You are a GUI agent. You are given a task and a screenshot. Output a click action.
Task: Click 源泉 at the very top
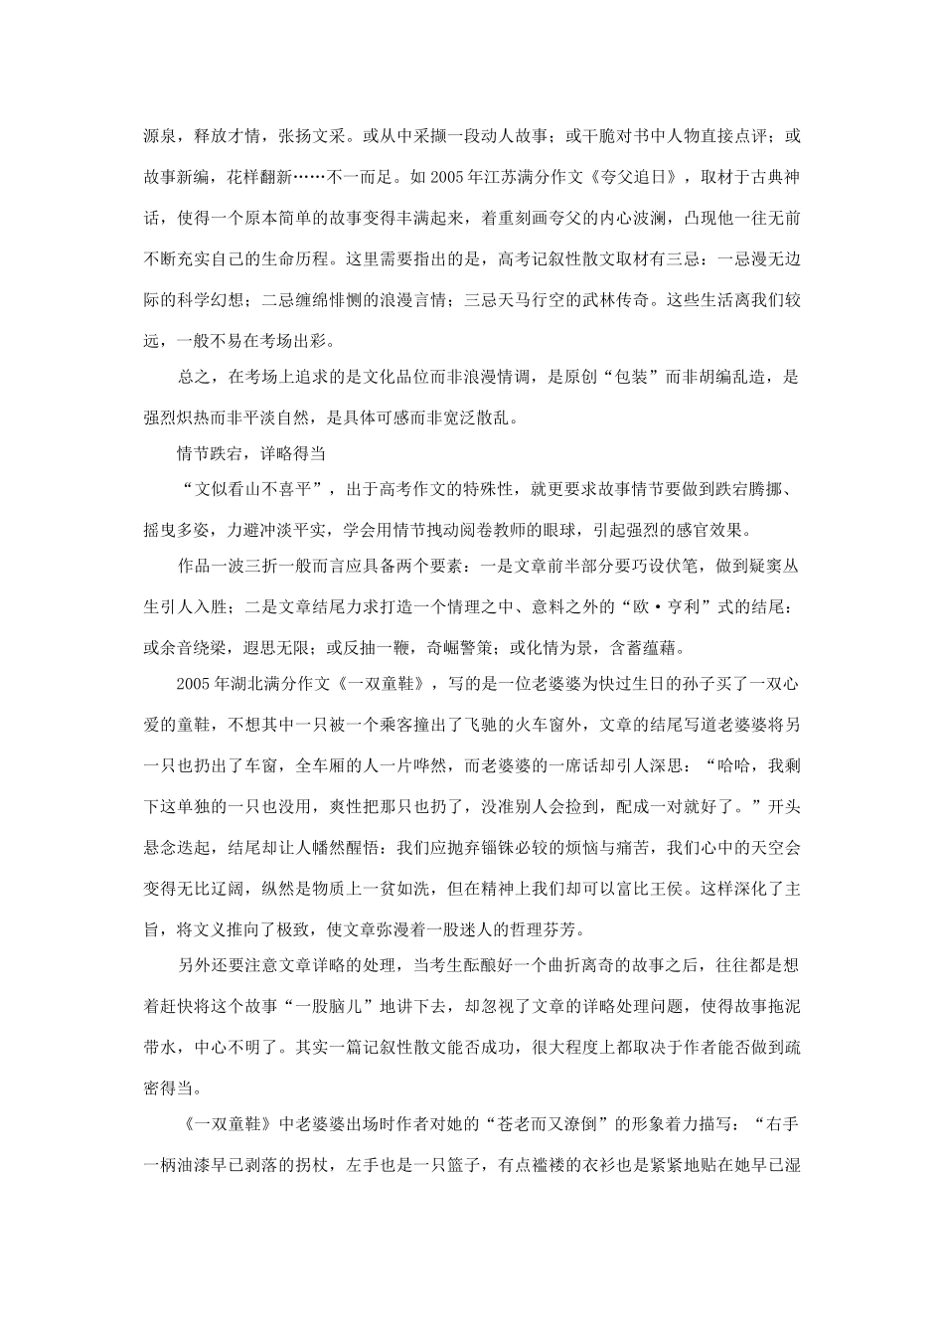point(160,134)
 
